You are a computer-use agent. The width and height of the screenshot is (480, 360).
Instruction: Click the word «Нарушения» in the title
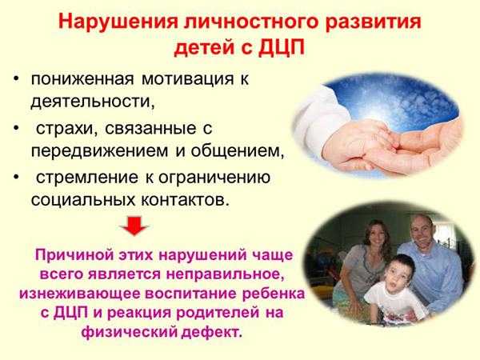pos(118,22)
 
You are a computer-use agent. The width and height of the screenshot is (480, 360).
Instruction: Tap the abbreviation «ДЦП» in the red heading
pos(282,48)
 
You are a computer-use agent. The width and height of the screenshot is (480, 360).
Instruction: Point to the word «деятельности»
pos(93,101)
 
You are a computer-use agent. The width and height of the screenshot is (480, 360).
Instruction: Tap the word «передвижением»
pos(100,151)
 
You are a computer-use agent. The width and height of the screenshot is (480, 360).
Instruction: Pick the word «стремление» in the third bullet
pos(87,178)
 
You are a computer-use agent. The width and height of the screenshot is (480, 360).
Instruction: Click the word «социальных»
pos(83,200)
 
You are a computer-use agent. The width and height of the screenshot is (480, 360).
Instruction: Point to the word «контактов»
pos(185,201)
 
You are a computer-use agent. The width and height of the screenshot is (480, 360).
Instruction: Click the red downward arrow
pos(134,226)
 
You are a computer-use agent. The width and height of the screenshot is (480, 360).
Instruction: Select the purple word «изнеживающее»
pos(80,294)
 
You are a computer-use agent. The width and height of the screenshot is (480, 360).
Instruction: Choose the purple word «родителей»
pos(214,313)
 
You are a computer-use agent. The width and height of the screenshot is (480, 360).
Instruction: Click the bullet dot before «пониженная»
pos(16,78)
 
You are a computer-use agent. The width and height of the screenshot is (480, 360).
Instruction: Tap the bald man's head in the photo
pos(422,229)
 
